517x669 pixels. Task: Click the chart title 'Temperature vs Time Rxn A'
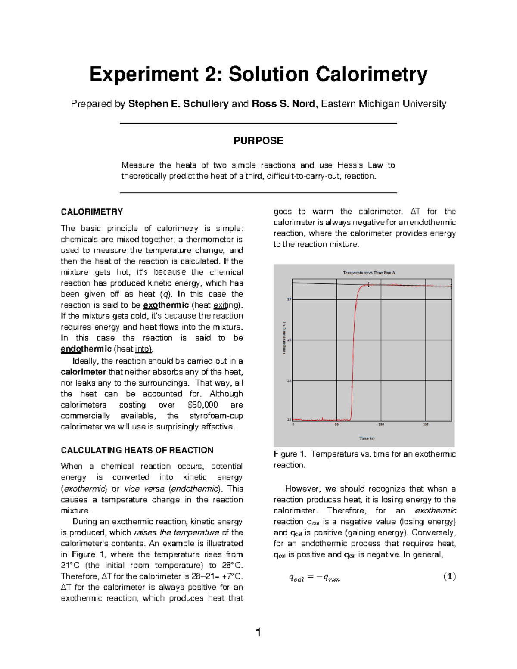click(369, 273)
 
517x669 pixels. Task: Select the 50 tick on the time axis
click(337, 425)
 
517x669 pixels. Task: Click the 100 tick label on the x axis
click(381, 425)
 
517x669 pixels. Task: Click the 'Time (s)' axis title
click(367, 438)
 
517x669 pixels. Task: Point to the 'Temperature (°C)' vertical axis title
click(284, 338)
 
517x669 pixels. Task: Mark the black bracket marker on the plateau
click(368, 285)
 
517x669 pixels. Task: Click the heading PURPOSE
click(258, 141)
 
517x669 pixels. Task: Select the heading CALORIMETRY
click(92, 212)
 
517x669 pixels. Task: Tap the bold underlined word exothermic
click(166, 305)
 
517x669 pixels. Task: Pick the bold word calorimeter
click(83, 372)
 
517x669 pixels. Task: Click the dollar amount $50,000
click(203, 405)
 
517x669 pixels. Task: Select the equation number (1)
click(449, 576)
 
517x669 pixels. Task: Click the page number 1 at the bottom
click(258, 632)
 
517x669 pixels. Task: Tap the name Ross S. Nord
click(283, 104)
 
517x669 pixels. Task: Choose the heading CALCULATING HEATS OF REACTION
click(137, 450)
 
